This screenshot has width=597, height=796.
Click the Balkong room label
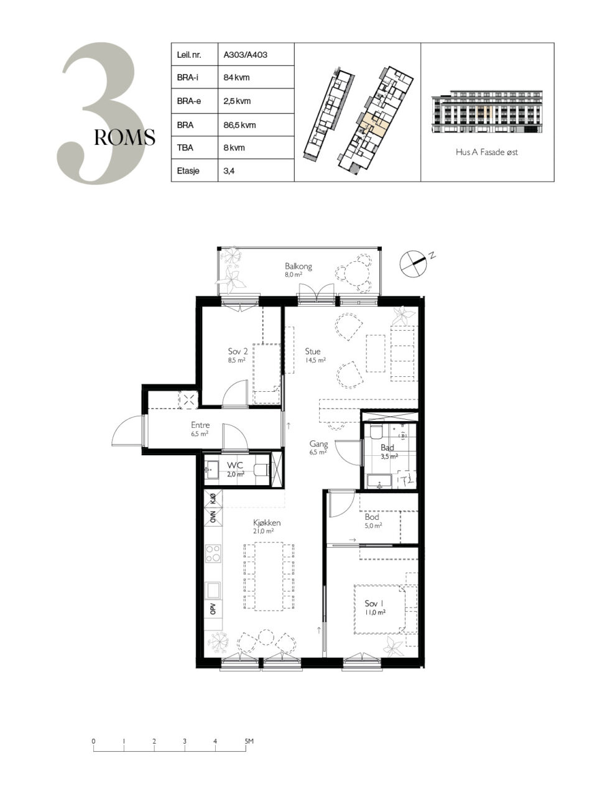coord(298,267)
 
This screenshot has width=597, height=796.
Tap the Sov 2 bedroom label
coord(238,351)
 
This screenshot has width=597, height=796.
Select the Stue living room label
coord(312,351)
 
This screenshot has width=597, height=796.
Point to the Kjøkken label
coord(267,522)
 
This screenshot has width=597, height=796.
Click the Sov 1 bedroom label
coord(374,603)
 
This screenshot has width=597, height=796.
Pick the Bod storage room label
coord(372,517)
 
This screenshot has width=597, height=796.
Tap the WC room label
coord(235,465)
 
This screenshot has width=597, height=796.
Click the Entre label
coord(200,425)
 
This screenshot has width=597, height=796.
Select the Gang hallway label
coord(318,444)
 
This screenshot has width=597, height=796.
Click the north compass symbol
coord(413,262)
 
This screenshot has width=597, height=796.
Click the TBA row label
coord(185,147)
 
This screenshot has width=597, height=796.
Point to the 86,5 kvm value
coord(239,125)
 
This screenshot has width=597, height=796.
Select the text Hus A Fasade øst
coord(486,152)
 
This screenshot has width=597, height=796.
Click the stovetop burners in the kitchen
coord(213,553)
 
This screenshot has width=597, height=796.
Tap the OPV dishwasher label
coord(213,608)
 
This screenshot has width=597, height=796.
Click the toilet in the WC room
coord(261,470)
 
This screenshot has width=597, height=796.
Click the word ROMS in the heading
coord(124,137)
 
